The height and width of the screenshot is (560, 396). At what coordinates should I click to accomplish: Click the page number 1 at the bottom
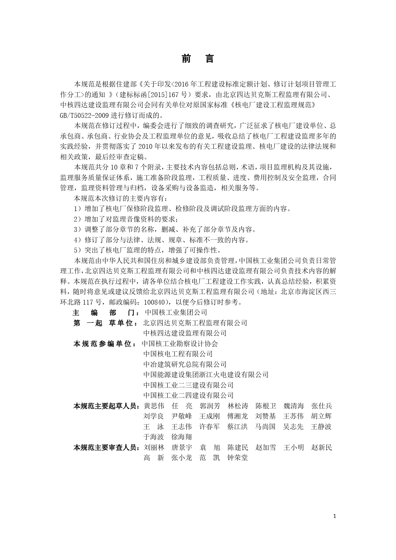[334, 516]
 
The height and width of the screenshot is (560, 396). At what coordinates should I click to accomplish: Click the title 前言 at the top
[198, 59]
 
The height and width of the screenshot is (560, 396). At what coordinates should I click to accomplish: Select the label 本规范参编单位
[103, 344]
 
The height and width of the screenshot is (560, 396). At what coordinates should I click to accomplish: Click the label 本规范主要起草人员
[106, 406]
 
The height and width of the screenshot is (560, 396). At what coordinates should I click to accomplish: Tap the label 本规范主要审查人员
[106, 447]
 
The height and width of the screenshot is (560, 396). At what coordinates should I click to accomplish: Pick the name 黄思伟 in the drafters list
[154, 406]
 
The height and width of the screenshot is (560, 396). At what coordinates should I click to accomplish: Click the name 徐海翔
[182, 437]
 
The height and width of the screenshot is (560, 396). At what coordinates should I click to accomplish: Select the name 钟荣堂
[238, 458]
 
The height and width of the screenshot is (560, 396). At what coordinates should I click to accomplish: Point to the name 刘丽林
[154, 447]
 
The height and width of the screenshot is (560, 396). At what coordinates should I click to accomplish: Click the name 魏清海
[293, 406]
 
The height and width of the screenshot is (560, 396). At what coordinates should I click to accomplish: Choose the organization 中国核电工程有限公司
[178, 354]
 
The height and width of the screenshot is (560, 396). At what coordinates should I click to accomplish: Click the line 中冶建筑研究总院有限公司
[185, 364]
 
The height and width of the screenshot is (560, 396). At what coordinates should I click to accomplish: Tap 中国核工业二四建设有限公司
[188, 395]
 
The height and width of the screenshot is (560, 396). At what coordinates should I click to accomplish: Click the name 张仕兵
[322, 406]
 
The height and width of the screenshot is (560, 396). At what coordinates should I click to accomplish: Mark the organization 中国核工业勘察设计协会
[180, 344]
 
